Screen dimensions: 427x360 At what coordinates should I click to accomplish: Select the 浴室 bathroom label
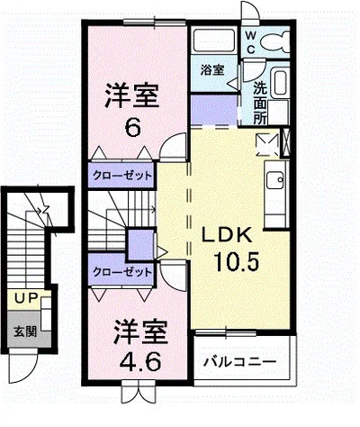pos(212,69)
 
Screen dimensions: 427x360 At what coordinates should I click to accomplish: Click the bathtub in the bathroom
pos(212,41)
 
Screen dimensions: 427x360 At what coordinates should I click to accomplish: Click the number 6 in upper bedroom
pos(132,127)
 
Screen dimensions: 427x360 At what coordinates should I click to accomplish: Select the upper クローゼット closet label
pos(122,176)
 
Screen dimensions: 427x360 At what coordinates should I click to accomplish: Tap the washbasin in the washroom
pos(279,86)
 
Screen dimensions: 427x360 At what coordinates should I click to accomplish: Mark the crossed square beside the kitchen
pos(267,142)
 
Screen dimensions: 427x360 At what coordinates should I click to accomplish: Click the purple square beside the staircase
pos(140,244)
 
